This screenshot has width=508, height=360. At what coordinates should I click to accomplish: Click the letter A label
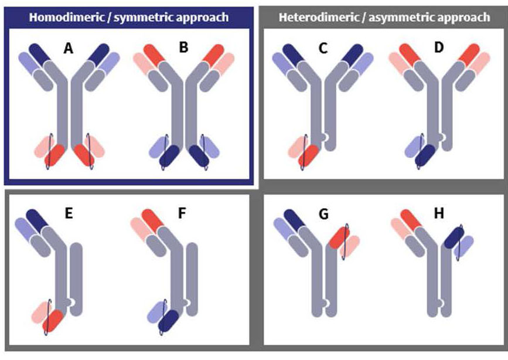[x=69, y=48]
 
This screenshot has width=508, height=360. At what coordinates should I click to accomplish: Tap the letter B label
[x=183, y=47]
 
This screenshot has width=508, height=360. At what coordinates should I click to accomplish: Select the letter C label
[x=323, y=48]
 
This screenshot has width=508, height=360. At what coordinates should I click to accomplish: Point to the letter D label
[x=439, y=47]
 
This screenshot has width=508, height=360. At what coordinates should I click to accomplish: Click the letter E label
[x=69, y=214]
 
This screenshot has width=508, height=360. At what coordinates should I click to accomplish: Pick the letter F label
[x=182, y=214]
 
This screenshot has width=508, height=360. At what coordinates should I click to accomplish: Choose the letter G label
[x=323, y=214]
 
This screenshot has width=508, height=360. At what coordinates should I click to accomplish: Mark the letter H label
[x=439, y=214]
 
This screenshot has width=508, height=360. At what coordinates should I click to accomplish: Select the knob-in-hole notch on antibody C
[x=326, y=138]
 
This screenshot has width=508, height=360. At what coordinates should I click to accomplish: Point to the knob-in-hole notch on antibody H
[x=441, y=303]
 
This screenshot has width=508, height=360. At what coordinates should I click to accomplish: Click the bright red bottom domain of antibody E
[x=53, y=321]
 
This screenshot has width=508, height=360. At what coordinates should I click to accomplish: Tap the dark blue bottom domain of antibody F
[x=169, y=321]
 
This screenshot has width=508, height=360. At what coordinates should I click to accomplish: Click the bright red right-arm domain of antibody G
[x=339, y=237]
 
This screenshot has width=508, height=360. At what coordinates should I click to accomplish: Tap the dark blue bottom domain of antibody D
[x=425, y=156]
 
